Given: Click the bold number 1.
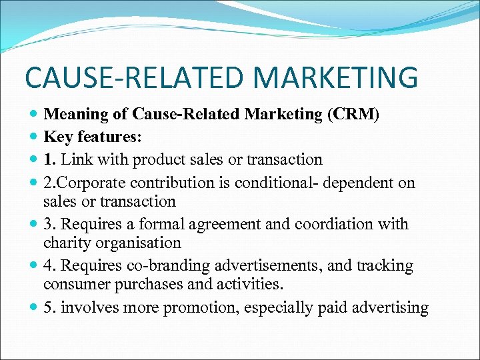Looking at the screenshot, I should (50, 160).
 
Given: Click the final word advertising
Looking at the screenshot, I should (391, 308).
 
